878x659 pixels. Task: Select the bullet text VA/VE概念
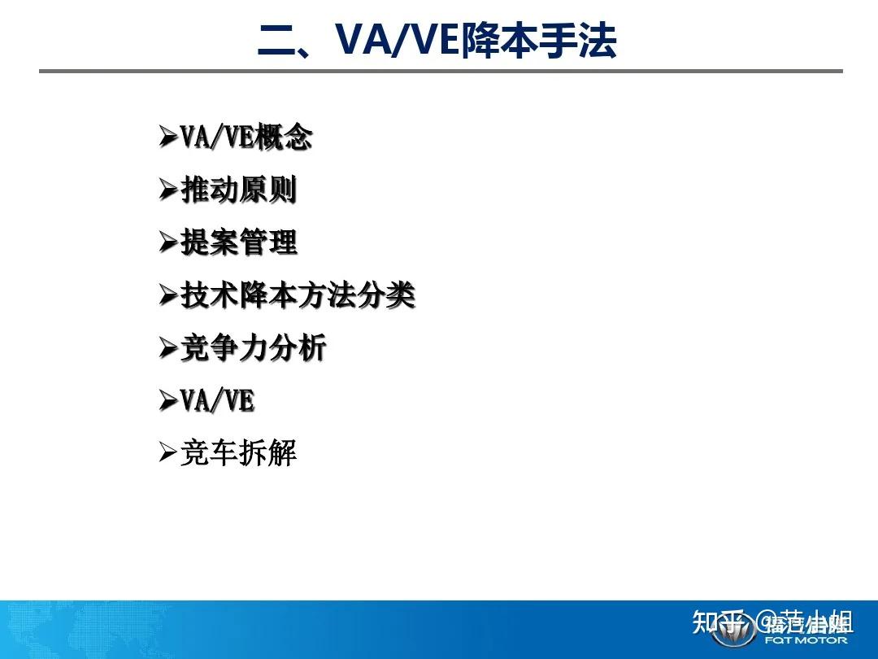(x=246, y=137)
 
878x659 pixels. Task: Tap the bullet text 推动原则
(x=238, y=190)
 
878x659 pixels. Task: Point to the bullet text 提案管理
(x=238, y=242)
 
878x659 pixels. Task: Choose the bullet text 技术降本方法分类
(x=298, y=295)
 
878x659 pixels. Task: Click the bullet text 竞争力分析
(x=253, y=348)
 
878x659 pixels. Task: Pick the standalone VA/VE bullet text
(x=217, y=400)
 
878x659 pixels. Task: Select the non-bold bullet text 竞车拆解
(x=238, y=453)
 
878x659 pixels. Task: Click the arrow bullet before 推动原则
(x=167, y=191)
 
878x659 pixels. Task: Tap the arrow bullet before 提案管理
(x=167, y=243)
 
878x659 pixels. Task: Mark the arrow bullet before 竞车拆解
(x=167, y=453)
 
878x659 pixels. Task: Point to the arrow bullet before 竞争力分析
(x=167, y=348)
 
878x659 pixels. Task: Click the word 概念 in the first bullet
(x=283, y=137)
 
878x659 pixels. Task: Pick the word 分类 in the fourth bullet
(x=386, y=295)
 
